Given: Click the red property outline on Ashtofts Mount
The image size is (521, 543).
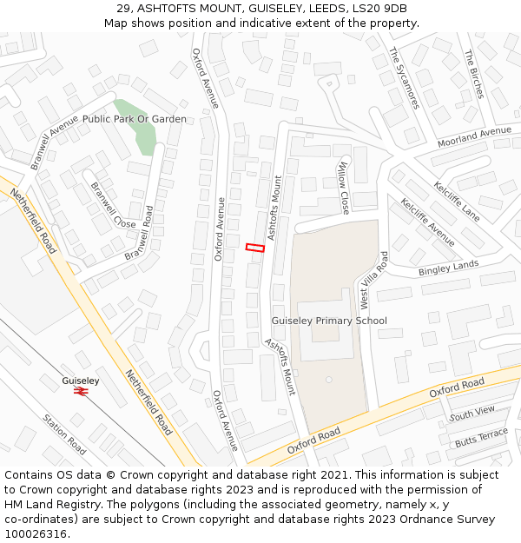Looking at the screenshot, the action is pos(254,248).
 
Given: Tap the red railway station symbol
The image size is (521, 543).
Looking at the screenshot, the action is pos(82,392).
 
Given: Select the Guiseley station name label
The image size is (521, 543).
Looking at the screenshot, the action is pos(81,381).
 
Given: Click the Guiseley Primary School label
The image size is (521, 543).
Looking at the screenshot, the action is pos(329,321).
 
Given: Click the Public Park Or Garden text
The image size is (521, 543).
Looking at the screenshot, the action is pos(135,118).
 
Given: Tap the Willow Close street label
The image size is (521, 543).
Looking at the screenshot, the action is pos(344,189).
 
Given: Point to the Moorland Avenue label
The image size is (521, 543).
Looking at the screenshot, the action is pos(474,136).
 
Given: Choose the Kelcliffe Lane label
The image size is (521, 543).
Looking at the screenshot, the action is pos(457,200).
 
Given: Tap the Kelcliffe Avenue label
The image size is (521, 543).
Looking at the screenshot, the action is pos(427,222).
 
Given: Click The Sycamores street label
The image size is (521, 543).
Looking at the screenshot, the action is pos(404,77).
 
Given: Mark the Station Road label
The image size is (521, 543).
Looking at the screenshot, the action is pos(64,434).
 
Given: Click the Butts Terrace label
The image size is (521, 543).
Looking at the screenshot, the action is pos(481,438).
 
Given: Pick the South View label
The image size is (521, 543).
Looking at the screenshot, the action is pos(472,414).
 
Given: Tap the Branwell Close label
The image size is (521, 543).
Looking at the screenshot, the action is pos(114,209).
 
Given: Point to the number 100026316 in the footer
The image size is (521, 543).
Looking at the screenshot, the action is pos(36,533).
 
